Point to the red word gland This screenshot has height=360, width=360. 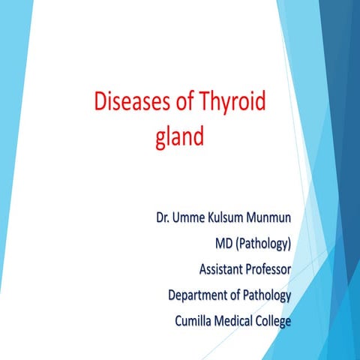(x=179, y=139)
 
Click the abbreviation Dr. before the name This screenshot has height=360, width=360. (x=164, y=220)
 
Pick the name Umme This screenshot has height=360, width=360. (x=193, y=220)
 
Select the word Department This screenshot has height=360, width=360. (x=198, y=295)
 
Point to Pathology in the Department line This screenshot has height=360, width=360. (x=268, y=295)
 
